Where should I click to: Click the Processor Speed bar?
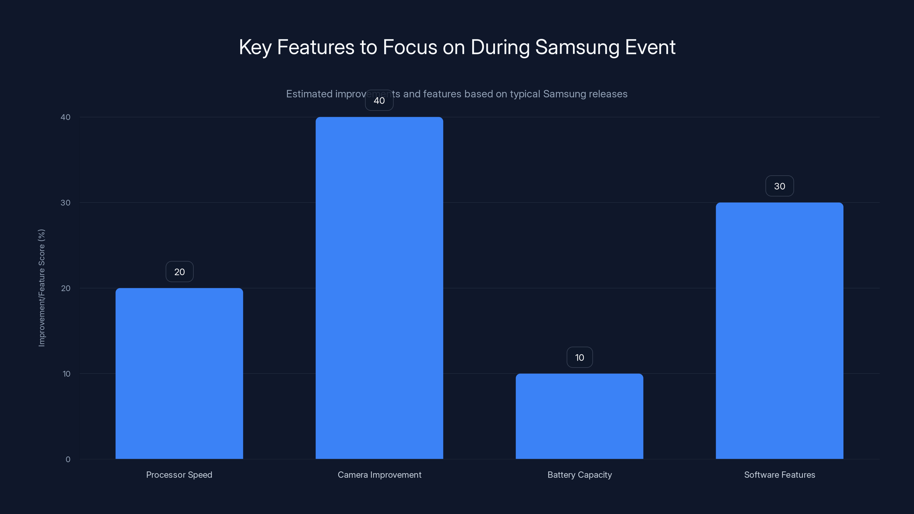point(179,373)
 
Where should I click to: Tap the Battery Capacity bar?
point(580,416)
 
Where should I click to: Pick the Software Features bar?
point(779,331)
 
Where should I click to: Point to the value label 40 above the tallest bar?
point(379,101)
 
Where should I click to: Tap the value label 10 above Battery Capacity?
point(580,358)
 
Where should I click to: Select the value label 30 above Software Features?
point(779,186)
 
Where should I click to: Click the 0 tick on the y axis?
point(68,459)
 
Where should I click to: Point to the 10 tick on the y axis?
point(66,374)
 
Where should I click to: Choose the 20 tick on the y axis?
point(66,288)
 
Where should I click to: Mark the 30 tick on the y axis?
point(66,202)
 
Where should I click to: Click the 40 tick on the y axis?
point(66,117)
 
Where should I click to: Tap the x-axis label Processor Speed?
point(179,475)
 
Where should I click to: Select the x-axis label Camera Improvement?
point(379,475)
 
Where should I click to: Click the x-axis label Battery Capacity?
point(580,475)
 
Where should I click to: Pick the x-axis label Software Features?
point(779,475)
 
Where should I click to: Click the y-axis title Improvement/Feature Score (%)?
point(41,288)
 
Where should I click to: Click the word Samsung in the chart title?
point(577,47)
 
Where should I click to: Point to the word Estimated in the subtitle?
point(309,94)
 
